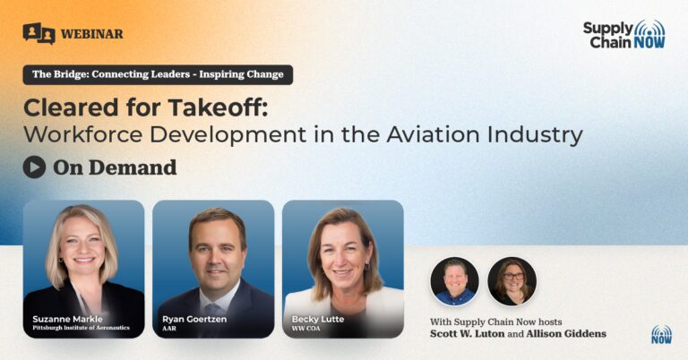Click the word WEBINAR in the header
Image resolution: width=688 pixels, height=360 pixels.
(91, 34)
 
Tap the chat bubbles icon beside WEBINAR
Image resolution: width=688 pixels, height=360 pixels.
(39, 33)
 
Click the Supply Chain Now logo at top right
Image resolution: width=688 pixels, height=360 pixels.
(623, 34)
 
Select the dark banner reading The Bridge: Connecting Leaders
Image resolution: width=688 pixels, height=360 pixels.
(158, 74)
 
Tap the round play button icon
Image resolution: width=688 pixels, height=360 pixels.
(34, 167)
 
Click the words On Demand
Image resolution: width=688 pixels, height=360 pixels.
(115, 167)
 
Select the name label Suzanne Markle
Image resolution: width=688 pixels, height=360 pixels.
(67, 319)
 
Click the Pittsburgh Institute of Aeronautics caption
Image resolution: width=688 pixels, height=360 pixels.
(81, 328)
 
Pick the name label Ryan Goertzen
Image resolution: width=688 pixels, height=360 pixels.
(194, 319)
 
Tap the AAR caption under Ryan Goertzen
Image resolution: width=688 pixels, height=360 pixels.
(169, 328)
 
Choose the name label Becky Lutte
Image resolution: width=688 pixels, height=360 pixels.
(318, 319)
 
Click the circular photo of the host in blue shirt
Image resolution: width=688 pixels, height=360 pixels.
(454, 281)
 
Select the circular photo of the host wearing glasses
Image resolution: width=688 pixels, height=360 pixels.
(512, 281)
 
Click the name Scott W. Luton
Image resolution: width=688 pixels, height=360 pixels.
(468, 334)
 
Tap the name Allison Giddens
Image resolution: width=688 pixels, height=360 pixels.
(566, 334)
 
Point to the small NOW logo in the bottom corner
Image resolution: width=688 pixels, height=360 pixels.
(661, 335)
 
